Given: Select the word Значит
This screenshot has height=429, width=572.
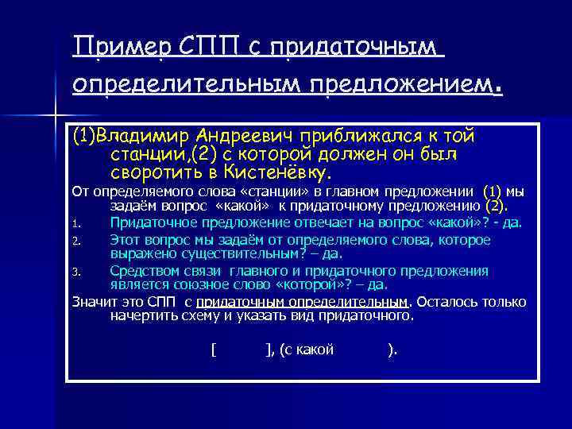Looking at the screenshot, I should (93, 302).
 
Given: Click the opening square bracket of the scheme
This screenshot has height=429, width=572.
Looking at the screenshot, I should (214, 350).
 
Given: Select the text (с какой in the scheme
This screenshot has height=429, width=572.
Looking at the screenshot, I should (306, 350).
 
